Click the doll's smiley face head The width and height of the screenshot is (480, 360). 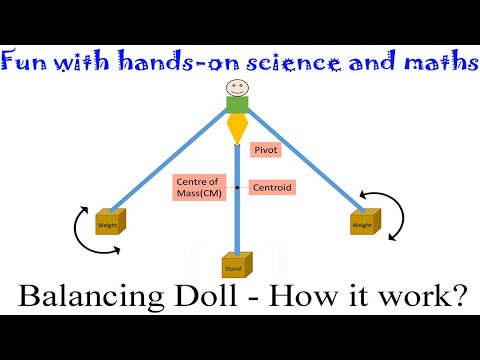(x=237, y=87)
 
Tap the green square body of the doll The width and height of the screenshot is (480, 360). (x=237, y=105)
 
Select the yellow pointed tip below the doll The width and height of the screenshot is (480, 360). (x=237, y=129)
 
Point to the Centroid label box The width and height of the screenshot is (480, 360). (x=272, y=186)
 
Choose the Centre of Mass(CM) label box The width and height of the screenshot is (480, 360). (x=198, y=186)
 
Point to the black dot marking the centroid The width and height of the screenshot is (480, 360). (x=237, y=187)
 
